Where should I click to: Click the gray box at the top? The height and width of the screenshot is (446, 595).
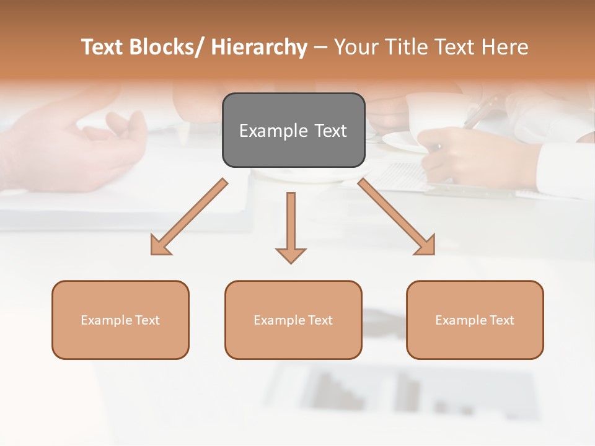click(x=293, y=130)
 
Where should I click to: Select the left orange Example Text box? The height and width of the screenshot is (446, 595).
click(x=120, y=320)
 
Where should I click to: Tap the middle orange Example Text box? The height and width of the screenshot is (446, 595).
click(x=293, y=320)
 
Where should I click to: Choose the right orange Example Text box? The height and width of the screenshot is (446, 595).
click(x=475, y=320)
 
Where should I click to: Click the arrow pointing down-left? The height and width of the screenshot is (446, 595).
click(x=189, y=217)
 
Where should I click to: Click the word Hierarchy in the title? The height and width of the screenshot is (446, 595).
click(x=259, y=47)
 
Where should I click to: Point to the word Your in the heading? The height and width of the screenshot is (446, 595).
click(x=357, y=47)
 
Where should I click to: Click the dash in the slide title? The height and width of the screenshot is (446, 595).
click(x=320, y=48)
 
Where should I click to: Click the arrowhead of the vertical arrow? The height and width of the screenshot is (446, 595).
click(x=291, y=255)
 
